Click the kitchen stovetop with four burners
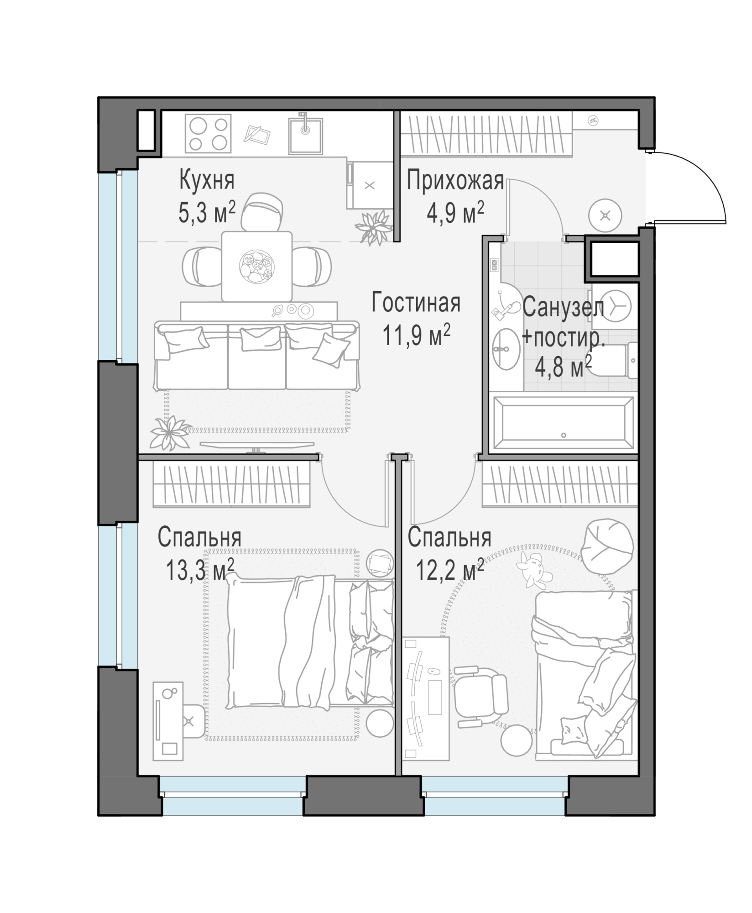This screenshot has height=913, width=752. (208, 134)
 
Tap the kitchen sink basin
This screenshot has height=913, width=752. (306, 136)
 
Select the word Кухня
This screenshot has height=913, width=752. (207, 180)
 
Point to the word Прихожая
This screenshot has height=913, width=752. (455, 181)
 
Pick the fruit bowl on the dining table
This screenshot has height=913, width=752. (256, 267)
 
